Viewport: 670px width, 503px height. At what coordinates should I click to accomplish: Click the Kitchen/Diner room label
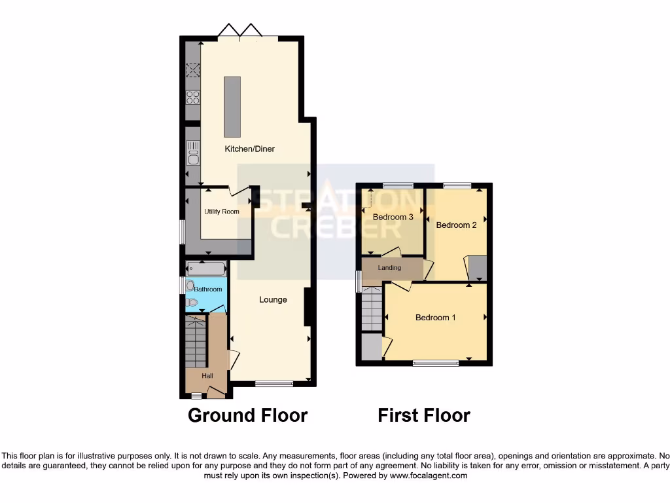[x=250, y=149]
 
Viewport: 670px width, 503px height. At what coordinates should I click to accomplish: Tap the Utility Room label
[x=221, y=212]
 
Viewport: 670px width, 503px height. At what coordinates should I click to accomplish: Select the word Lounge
[x=273, y=300]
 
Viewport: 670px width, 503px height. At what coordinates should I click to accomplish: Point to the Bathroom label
[x=207, y=289]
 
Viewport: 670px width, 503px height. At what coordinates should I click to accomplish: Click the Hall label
[x=207, y=376]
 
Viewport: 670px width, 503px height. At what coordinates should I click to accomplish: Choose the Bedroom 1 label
[x=436, y=318]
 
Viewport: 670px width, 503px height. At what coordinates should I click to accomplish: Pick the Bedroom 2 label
[x=456, y=225]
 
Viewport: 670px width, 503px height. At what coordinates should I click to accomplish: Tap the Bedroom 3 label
[x=393, y=217]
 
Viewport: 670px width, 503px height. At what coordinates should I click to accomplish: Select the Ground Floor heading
[x=247, y=415]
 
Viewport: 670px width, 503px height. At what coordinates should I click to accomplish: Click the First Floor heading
[x=424, y=415]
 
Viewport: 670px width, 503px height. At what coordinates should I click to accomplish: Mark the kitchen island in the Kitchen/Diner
[x=232, y=105]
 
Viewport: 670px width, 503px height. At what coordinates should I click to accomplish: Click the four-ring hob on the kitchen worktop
[x=192, y=98]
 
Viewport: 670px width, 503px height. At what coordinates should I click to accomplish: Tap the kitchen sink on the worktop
[x=192, y=157]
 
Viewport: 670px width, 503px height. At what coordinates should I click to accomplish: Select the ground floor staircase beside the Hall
[x=196, y=341]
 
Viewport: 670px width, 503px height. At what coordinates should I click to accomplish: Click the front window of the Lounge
[x=273, y=384]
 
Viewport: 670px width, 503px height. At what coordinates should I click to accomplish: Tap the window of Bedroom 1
[x=435, y=362]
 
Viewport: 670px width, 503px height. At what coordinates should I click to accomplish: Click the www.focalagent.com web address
[x=429, y=475]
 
